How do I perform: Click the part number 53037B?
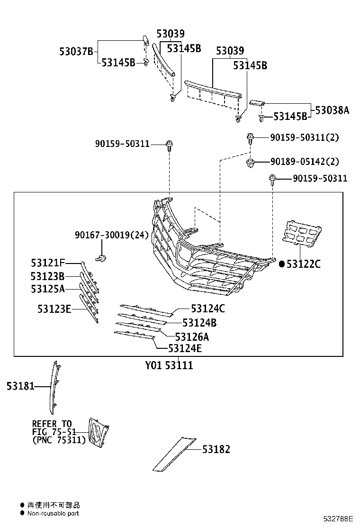tap(76, 51)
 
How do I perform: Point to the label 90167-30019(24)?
tap(111, 235)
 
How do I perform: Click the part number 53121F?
tap(48, 263)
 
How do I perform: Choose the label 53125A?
tap(48, 288)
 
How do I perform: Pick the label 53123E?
tap(54, 309)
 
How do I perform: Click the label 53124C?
tap(208, 309)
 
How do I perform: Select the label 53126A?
tap(192, 337)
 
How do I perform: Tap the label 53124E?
tap(185, 349)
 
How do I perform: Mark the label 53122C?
tap(304, 264)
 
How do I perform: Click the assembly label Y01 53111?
tap(169, 366)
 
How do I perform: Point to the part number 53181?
tap(20, 386)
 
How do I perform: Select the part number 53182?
tap(216, 449)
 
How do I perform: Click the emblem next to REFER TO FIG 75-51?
tap(98, 433)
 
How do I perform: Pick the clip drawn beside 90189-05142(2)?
tap(250, 164)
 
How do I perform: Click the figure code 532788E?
tap(339, 519)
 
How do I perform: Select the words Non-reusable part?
tap(53, 513)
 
